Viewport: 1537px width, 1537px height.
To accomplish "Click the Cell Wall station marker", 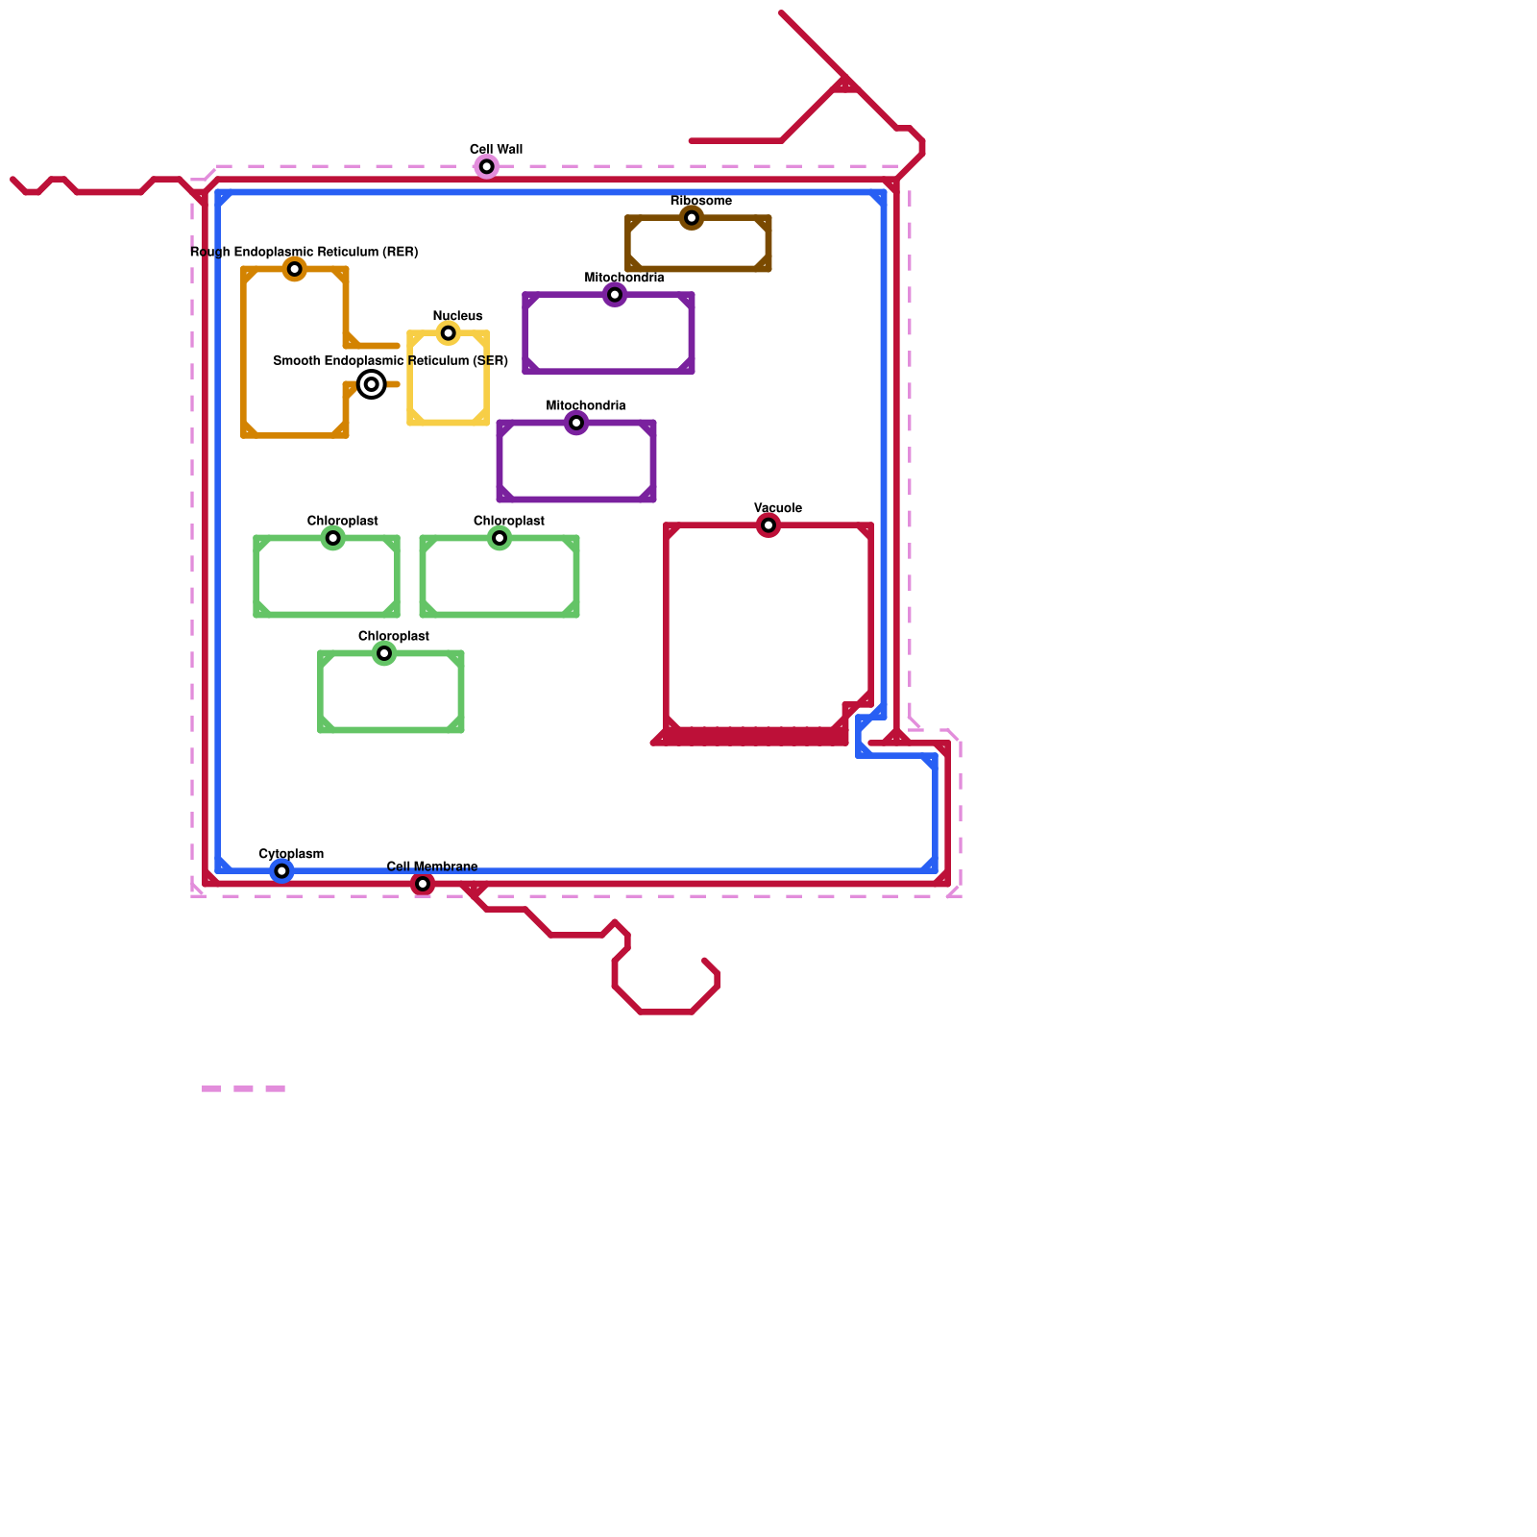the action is (487, 167).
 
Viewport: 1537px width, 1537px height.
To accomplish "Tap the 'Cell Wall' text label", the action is (496, 149).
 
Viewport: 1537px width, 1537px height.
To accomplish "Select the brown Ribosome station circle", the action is (692, 218).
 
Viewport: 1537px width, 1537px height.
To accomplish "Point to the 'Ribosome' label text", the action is (700, 201).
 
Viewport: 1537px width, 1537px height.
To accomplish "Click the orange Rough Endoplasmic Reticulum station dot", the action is (295, 269).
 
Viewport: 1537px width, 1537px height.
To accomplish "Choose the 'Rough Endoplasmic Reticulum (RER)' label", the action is (304, 252).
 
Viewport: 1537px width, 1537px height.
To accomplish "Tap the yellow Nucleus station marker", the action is (448, 333).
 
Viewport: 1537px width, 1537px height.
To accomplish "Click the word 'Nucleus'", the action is (457, 316).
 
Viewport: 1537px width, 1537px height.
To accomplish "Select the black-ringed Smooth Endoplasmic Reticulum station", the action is (372, 384).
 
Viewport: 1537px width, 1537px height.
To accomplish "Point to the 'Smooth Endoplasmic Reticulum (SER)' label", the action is (390, 361).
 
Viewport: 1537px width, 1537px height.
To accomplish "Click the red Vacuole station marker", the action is (768, 525).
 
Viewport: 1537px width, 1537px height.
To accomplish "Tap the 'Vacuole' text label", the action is (777, 508).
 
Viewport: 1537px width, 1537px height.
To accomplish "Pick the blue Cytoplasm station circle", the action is (281, 871).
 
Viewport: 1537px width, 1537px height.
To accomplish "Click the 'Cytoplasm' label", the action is (291, 854).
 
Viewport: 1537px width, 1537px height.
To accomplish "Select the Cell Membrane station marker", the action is (423, 884).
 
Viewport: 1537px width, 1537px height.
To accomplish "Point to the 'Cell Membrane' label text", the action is (431, 866).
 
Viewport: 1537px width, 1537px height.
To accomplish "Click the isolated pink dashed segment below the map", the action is (243, 1088).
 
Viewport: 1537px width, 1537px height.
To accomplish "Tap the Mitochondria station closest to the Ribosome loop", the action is (615, 295).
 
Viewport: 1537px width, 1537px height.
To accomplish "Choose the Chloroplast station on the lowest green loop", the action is (384, 653).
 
